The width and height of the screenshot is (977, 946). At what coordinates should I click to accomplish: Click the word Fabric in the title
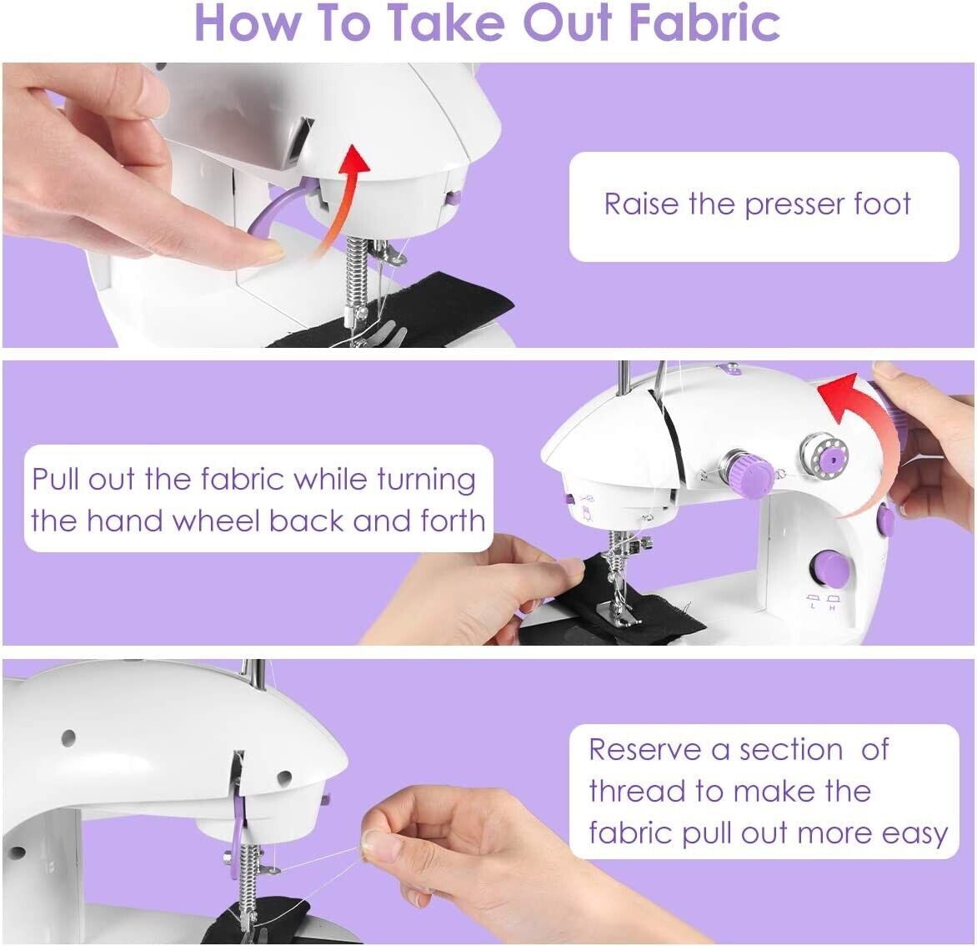pos(704,23)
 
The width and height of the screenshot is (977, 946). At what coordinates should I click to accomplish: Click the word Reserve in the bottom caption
pos(645,749)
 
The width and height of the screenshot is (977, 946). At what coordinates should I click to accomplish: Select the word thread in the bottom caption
pos(638,791)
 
